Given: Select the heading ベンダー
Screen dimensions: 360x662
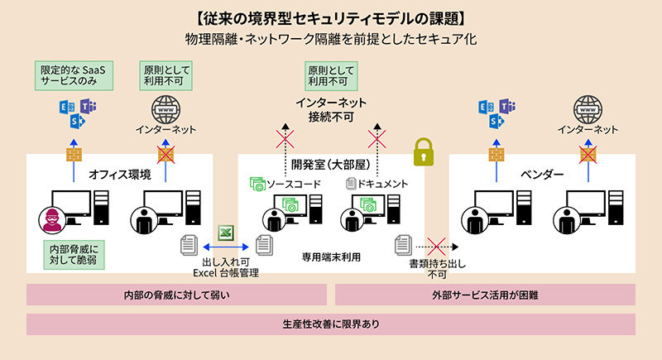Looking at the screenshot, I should pyautogui.click(x=542, y=175).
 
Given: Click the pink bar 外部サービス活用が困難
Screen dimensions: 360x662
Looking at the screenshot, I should pyautogui.click(x=485, y=295).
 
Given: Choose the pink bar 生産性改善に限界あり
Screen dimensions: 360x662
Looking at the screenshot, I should pyautogui.click(x=330, y=324).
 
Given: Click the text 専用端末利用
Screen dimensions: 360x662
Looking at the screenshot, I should pyautogui.click(x=330, y=257).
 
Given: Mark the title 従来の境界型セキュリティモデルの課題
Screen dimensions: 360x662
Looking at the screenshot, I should pyautogui.click(x=330, y=17).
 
